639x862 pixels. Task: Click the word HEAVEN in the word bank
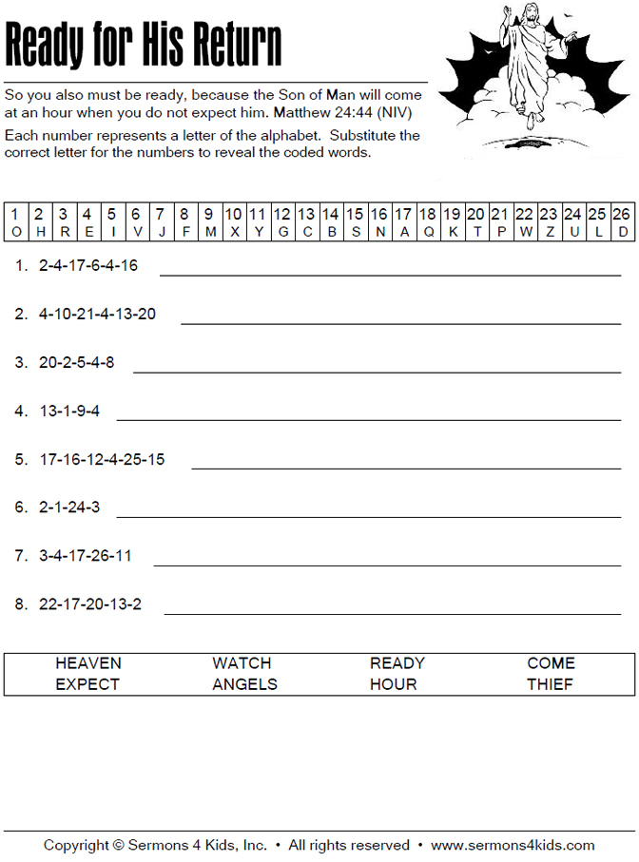88,663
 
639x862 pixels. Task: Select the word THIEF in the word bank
551,684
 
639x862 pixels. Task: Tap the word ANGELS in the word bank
244,684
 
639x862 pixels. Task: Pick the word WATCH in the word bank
242,663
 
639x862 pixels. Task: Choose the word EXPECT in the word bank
87,684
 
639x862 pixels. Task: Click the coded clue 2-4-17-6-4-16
88,266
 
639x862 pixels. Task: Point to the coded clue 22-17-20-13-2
90,604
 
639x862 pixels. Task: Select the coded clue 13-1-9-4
69,412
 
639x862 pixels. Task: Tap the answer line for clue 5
406,468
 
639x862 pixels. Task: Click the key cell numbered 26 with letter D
621,222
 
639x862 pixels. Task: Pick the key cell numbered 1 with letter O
15,222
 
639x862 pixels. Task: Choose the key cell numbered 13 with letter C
306,222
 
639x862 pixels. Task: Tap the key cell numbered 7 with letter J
161,222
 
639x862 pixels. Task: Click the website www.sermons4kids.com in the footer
513,845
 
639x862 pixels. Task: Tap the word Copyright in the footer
77,845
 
